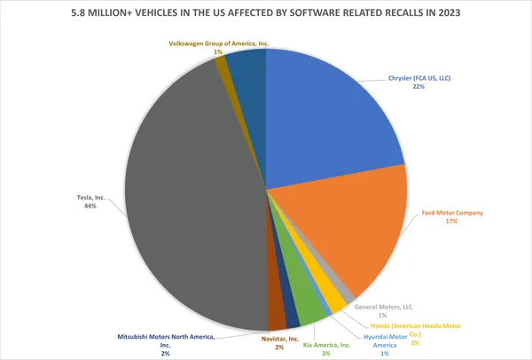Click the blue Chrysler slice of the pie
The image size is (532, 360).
click(x=328, y=115)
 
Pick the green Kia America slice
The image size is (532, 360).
click(x=310, y=307)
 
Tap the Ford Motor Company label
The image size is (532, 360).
click(x=453, y=212)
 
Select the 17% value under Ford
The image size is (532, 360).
click(x=453, y=222)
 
